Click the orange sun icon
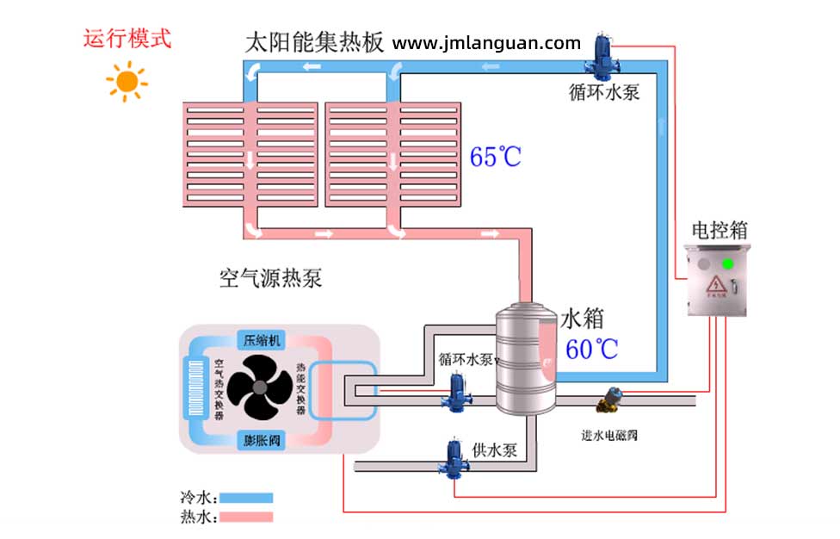[127, 81]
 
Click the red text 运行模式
[127, 39]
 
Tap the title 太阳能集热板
[314, 43]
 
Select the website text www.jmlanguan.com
[487, 43]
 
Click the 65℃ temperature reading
[496, 157]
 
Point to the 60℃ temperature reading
[592, 349]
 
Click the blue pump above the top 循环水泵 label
[601, 56]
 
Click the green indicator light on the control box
[728, 263]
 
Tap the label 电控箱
[720, 230]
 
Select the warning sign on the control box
[714, 286]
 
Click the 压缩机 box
[262, 340]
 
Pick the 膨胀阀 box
[262, 440]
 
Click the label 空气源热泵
[271, 278]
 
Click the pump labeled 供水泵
[453, 459]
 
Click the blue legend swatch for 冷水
[246, 498]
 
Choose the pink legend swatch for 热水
[246, 517]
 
